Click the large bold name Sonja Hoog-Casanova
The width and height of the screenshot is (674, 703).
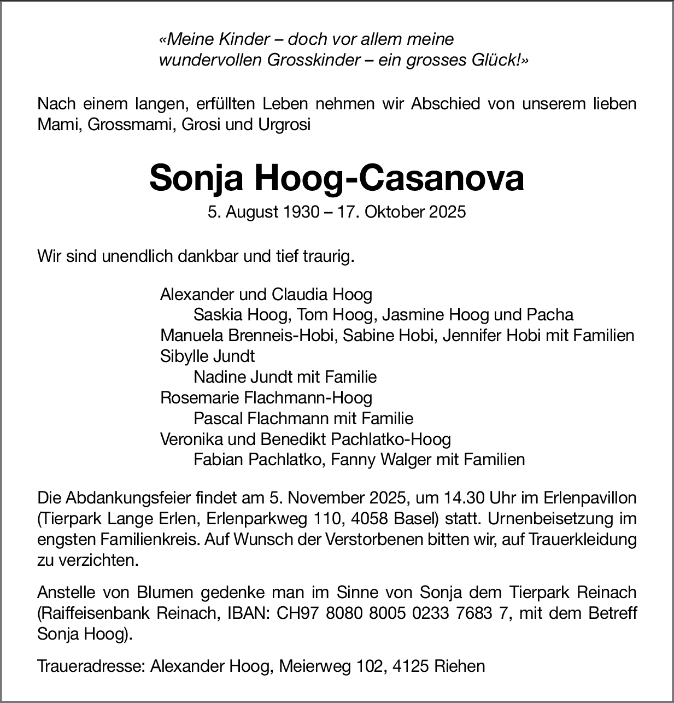coord(337,178)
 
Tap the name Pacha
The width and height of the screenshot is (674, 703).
coord(550,315)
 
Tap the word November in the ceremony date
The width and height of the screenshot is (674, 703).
coord(325,498)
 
